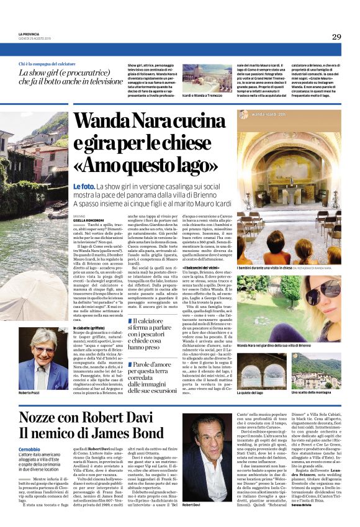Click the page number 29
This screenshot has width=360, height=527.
[x=336, y=37]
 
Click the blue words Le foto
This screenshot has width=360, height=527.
[x=84, y=186]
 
